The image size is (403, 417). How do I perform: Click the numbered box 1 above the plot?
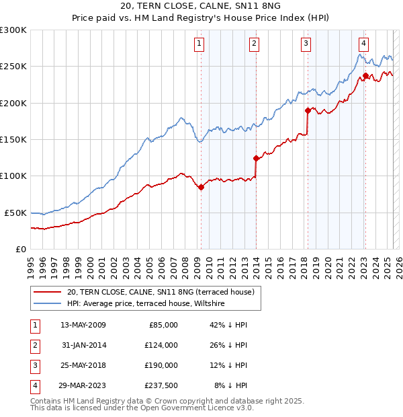(x=200, y=44)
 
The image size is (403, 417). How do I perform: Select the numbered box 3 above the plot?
(x=306, y=44)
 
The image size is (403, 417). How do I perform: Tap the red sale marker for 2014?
(x=257, y=159)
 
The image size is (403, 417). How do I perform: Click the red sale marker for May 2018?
(x=308, y=110)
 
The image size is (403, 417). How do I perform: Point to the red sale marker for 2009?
(x=201, y=187)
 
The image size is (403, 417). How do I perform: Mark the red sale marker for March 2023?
(x=365, y=75)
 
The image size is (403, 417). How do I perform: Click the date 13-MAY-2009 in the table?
(x=83, y=325)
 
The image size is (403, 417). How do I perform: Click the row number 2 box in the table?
(x=34, y=345)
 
